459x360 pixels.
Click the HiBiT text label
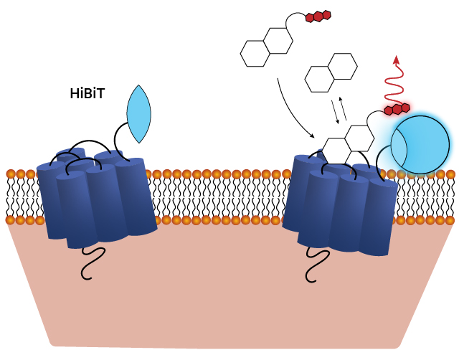pyautogui.click(x=87, y=93)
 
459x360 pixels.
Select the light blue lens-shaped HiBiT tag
pyautogui.click(x=139, y=114)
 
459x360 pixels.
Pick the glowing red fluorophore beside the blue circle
pyautogui.click(x=397, y=109)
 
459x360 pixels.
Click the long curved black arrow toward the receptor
pyautogui.click(x=287, y=108)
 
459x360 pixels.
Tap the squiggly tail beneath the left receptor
pyautogui.click(x=93, y=262)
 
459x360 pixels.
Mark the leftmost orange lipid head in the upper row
pyautogui.click(x=11, y=174)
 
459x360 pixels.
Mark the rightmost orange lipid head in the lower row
pyautogui.click(x=450, y=220)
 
